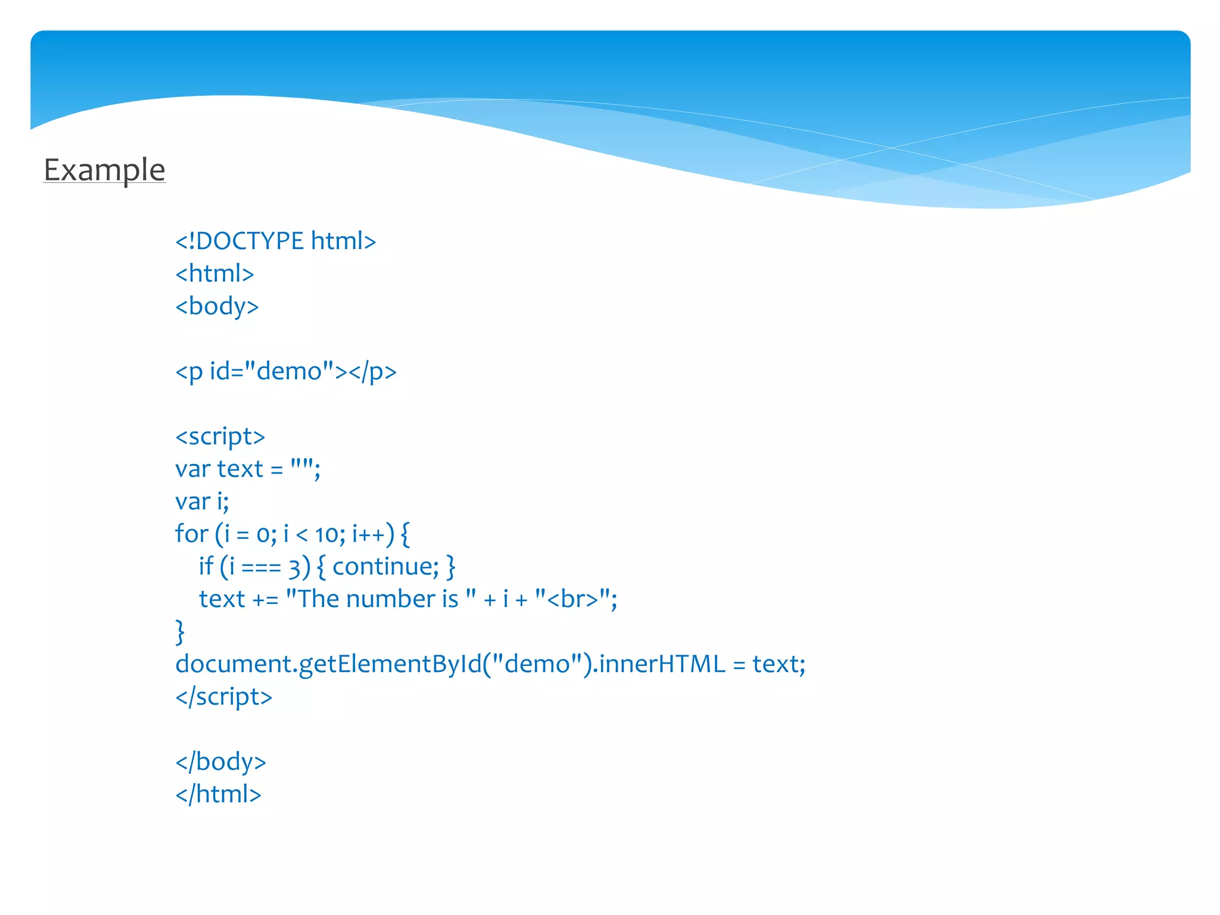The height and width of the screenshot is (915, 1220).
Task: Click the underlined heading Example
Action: tap(104, 170)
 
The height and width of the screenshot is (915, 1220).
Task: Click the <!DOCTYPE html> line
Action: tap(275, 241)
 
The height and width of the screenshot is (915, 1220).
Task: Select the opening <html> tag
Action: tap(214, 274)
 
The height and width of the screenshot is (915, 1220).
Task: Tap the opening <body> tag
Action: tap(217, 306)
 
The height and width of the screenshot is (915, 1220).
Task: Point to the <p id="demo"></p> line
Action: tap(285, 372)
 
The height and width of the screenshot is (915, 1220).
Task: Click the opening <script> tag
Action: tap(220, 437)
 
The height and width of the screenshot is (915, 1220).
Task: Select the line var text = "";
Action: tap(247, 469)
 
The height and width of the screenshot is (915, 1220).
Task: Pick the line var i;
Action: tap(202, 502)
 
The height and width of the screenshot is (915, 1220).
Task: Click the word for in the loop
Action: tap(191, 534)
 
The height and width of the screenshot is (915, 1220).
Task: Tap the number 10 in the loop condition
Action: tap(326, 535)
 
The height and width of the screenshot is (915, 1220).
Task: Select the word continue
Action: tap(385, 567)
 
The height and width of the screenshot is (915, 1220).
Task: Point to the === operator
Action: tap(261, 568)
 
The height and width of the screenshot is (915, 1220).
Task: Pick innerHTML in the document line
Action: tap(662, 664)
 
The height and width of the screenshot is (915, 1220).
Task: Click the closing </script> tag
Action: tap(223, 697)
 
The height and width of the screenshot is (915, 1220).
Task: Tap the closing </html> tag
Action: tap(218, 795)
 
